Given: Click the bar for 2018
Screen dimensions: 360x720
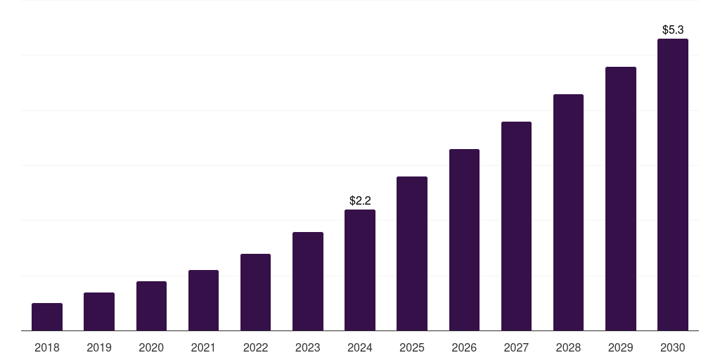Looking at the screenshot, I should click(x=47, y=317).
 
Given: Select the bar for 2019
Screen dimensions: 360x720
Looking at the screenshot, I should click(x=99, y=311).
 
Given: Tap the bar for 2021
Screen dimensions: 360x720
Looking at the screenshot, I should click(x=203, y=300).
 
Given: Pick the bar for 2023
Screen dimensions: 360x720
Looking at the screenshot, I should click(x=308, y=281).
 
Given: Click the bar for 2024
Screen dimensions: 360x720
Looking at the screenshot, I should click(x=360, y=270).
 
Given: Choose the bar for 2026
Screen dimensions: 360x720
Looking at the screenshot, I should click(x=464, y=240).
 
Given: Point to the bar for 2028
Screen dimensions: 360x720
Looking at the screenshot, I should click(x=568, y=212).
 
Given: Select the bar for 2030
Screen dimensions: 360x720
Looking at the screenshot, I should click(x=673, y=184).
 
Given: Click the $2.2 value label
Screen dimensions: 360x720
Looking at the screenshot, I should click(x=360, y=201).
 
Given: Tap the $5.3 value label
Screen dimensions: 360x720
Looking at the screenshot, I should click(x=673, y=30).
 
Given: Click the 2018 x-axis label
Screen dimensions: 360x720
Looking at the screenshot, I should click(x=47, y=347).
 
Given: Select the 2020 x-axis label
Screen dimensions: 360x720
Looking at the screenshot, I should click(x=151, y=347).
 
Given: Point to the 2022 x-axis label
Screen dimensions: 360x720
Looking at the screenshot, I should click(x=255, y=347).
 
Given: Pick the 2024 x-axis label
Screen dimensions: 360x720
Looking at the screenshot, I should click(x=360, y=347).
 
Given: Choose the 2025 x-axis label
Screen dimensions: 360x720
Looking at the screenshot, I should click(x=412, y=347).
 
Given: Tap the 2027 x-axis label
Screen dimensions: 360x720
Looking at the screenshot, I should click(x=516, y=347).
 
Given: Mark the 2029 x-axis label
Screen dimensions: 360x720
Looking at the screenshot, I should click(x=620, y=347).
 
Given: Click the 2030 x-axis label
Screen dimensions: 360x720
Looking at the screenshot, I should click(x=673, y=347).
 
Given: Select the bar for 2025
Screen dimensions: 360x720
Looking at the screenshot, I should click(x=412, y=253).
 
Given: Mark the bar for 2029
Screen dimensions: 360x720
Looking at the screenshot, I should click(x=620, y=198).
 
